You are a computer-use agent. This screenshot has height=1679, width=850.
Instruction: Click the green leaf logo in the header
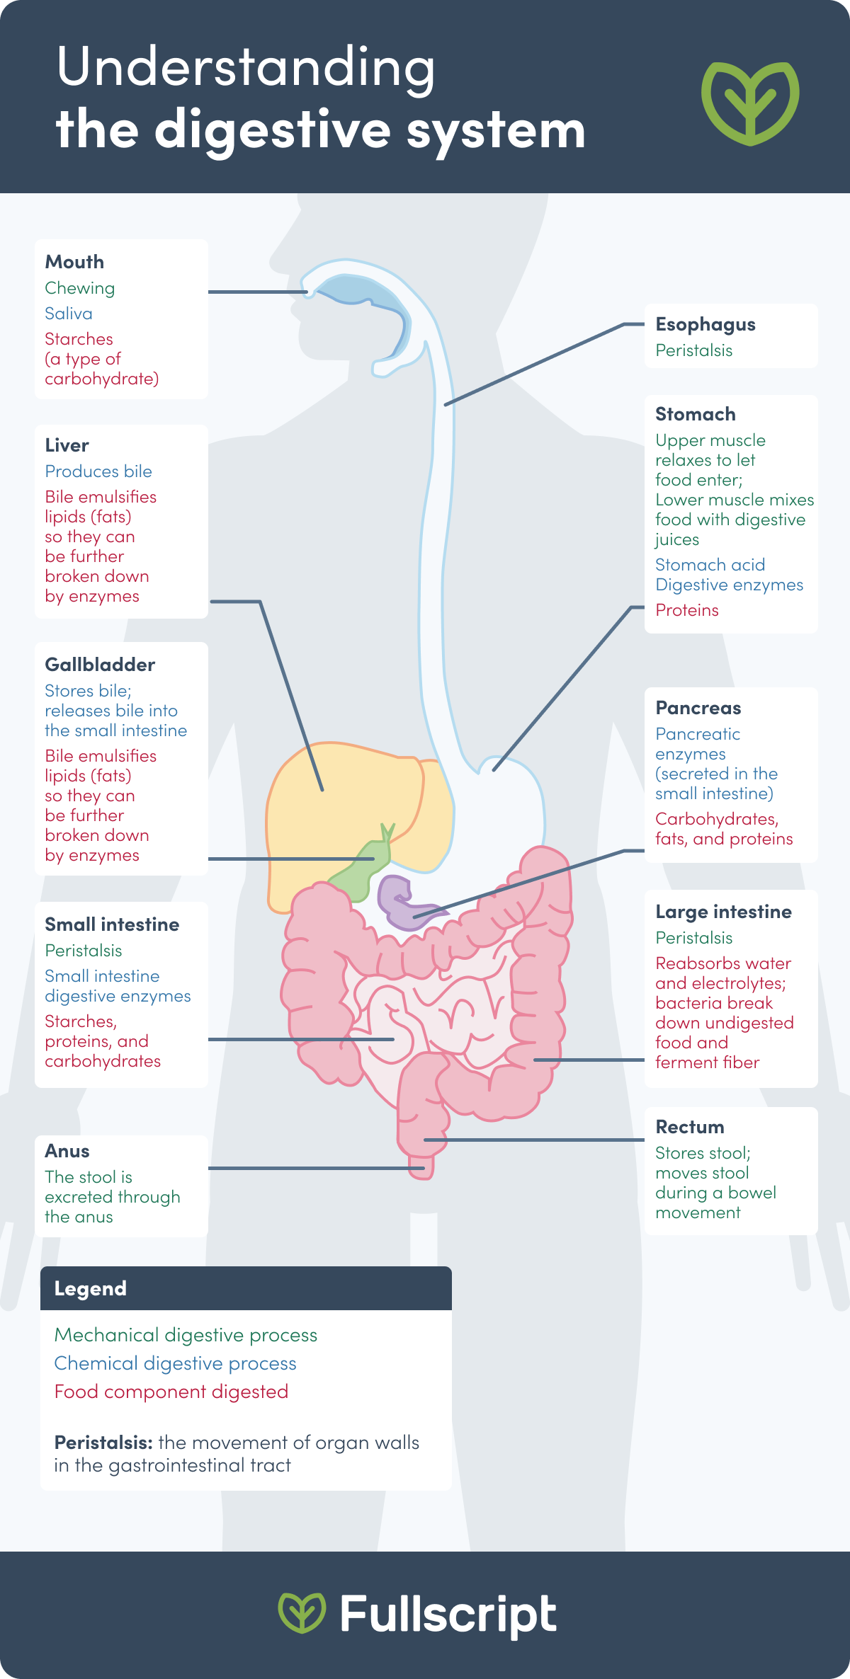[750, 102]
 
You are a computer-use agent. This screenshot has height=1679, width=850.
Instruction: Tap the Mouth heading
[74, 262]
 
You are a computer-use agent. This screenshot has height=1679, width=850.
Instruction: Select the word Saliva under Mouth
[69, 314]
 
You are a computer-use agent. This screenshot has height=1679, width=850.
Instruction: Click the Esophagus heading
[705, 324]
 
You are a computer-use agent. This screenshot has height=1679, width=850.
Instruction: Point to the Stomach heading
[696, 414]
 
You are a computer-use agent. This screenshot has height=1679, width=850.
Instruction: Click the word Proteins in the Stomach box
[687, 610]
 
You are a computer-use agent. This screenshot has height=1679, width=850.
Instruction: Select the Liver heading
[67, 445]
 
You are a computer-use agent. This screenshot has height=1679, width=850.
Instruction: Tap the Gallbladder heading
[100, 665]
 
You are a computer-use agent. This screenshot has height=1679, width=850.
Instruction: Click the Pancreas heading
[698, 708]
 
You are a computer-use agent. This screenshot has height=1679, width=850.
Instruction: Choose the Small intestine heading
[112, 924]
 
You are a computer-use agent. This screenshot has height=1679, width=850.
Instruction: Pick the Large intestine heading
[723, 912]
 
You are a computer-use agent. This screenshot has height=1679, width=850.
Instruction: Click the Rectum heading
[690, 1127]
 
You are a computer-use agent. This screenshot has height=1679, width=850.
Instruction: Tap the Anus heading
[67, 1151]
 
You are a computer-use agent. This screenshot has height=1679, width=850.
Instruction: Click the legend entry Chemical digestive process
[176, 1363]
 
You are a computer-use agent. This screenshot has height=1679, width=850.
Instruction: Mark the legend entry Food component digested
[171, 1392]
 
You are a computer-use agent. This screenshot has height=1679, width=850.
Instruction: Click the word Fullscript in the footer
[448, 1615]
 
